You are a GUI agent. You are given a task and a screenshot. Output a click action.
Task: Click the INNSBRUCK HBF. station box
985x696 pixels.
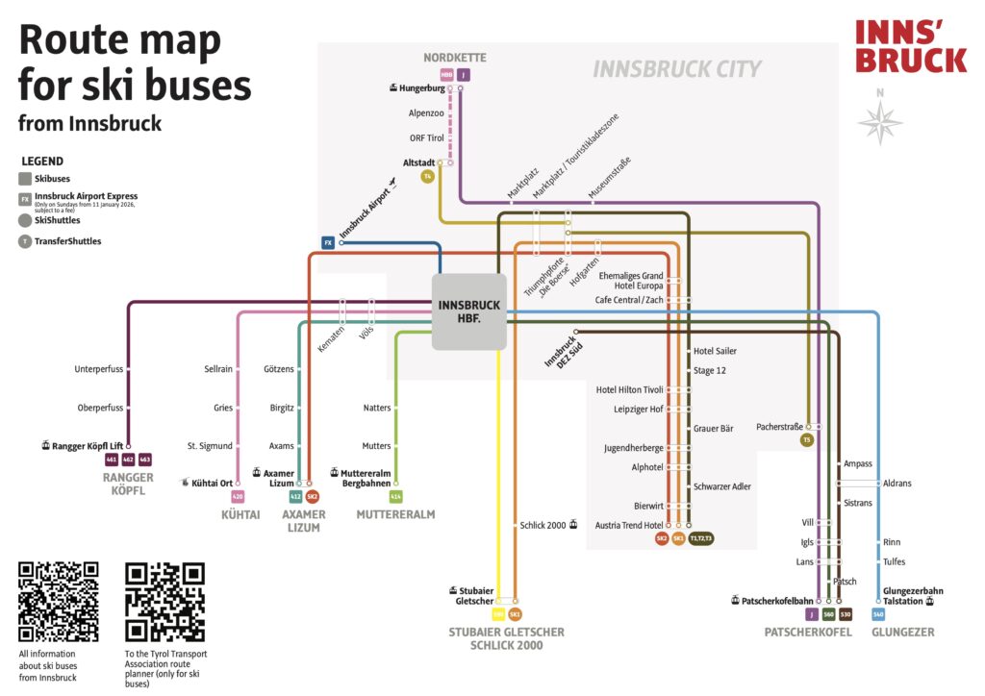point(468,311)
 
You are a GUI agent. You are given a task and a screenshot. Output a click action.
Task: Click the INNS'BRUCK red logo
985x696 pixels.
point(910,46)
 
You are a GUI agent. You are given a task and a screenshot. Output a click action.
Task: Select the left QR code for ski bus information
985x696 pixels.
point(58,602)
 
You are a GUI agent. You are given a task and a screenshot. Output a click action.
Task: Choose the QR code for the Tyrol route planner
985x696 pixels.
point(165,602)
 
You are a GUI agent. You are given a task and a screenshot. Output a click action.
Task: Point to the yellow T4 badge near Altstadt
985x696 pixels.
point(428,177)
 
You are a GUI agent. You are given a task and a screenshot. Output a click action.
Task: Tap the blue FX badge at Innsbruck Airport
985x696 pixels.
point(327,243)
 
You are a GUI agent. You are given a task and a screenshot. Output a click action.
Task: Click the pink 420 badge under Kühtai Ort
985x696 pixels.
point(238,497)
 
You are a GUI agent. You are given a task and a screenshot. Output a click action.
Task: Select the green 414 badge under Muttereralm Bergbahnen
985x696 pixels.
point(395,497)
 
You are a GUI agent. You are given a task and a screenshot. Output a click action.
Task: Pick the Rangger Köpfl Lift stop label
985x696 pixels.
point(88,445)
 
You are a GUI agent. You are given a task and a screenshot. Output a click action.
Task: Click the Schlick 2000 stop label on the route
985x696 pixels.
point(543,526)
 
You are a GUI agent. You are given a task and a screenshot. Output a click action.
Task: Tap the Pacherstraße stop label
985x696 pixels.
point(779,426)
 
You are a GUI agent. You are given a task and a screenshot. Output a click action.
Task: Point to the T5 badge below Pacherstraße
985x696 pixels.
point(808,439)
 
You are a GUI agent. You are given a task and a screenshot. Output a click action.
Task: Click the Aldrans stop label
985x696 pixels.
point(897,483)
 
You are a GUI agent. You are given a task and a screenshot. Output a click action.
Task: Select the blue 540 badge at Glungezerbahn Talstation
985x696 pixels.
point(877,614)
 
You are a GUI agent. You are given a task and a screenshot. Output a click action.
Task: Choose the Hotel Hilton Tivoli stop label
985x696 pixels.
point(630,389)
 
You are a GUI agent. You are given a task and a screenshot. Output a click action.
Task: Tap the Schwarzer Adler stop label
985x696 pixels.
point(722,486)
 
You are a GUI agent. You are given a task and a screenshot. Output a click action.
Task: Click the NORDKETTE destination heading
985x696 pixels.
point(455,58)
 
